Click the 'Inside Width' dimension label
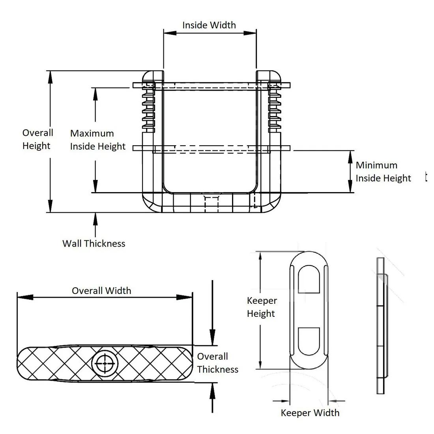(x=209, y=25)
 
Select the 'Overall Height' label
(x=37, y=139)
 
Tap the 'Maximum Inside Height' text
(x=98, y=140)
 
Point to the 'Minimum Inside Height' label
(x=383, y=172)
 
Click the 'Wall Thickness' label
(x=94, y=243)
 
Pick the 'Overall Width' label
(x=101, y=291)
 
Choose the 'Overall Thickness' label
(x=217, y=363)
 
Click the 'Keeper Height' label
(x=262, y=307)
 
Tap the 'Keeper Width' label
(x=310, y=413)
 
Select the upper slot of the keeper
(x=309, y=280)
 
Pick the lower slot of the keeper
(x=309, y=340)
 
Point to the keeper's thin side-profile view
(x=382, y=325)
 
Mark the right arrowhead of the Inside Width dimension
(x=251, y=33)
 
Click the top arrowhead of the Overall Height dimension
(x=50, y=77)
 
